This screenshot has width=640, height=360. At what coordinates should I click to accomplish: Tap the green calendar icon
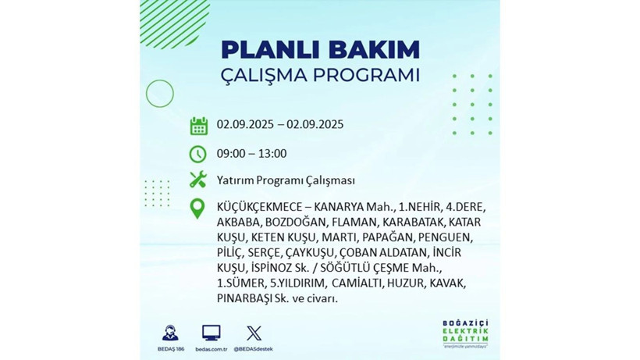[x=198, y=125]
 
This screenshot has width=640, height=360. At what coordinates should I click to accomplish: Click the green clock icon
[x=198, y=153]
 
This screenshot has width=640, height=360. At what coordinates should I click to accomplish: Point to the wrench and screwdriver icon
[x=198, y=180]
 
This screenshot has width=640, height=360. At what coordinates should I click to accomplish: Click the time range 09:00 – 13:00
[x=251, y=153]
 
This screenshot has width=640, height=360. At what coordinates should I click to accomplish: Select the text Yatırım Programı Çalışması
[x=286, y=180]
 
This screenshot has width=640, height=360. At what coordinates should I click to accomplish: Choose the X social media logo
[x=254, y=333]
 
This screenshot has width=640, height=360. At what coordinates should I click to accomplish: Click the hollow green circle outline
[x=159, y=94]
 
